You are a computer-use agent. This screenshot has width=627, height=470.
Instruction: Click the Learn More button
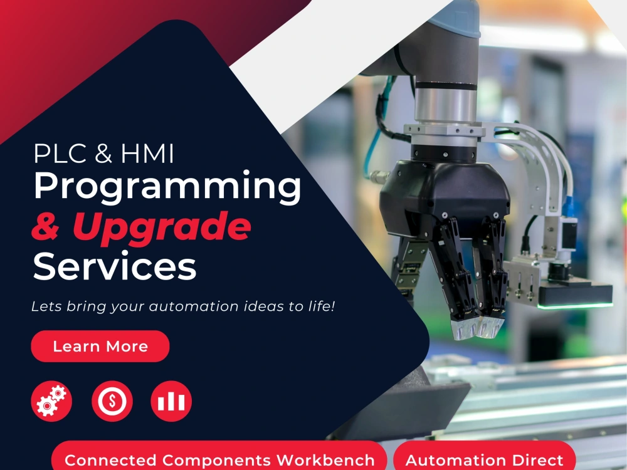tap(100, 347)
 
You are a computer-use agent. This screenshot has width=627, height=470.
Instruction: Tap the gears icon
tap(51, 401)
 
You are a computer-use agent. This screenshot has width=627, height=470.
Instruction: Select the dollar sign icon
tap(112, 401)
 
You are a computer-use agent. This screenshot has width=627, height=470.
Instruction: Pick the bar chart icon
tap(171, 401)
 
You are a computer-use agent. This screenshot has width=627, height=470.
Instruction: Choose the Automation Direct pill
tap(484, 459)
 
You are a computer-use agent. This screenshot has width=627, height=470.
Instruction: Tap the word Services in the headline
tap(115, 266)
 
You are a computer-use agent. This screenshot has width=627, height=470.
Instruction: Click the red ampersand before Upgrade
tap(45, 227)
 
